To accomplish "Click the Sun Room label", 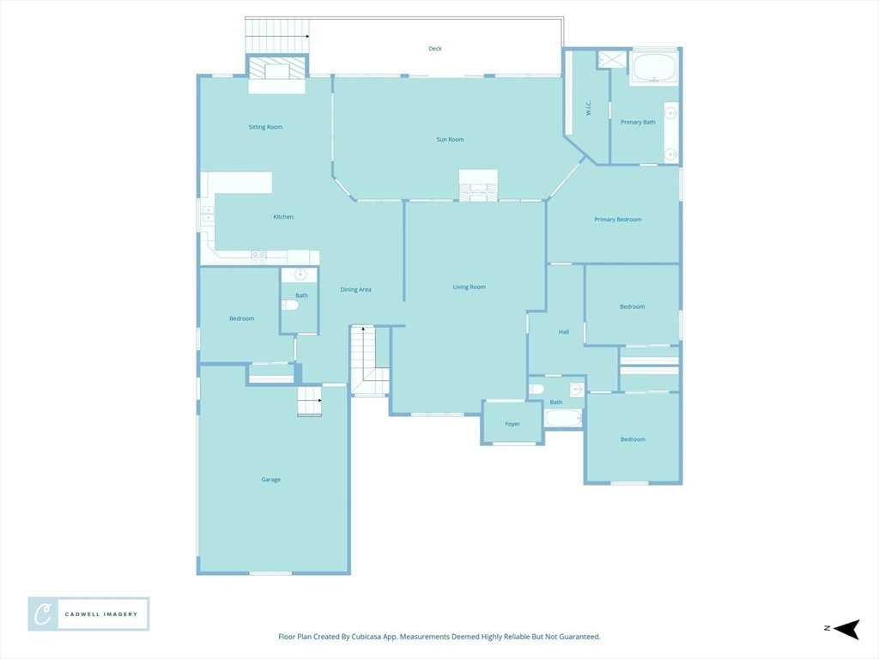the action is (450, 140).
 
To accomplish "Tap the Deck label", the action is (435, 49).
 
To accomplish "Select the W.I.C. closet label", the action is (589, 107).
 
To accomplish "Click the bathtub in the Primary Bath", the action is (654, 68).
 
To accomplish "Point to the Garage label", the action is (270, 480).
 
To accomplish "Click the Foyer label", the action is (512, 424).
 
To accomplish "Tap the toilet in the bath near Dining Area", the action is (290, 305).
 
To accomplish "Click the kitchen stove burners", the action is (258, 257).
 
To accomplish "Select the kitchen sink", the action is (208, 214).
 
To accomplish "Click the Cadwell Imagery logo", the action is (88, 614).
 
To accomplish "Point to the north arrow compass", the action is (846, 629).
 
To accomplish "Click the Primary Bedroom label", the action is (618, 220).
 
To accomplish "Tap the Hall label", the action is (563, 332).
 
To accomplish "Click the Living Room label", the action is (470, 287).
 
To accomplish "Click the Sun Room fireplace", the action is (478, 185).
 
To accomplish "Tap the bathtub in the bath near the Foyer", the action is (563, 418).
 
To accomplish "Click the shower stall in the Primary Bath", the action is (611, 59).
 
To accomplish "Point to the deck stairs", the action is (277, 36).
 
